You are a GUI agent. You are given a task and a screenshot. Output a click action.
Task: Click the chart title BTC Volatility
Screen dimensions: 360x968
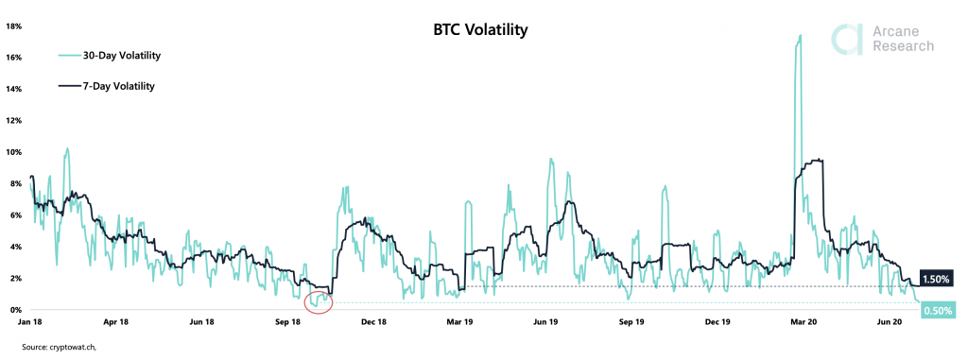(474, 30)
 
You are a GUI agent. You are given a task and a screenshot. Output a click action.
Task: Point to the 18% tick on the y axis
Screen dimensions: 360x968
(13, 26)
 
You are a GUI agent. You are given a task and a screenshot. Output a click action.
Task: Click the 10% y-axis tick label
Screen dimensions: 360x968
(13, 152)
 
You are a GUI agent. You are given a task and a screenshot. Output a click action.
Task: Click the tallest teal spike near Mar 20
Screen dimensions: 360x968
(800, 38)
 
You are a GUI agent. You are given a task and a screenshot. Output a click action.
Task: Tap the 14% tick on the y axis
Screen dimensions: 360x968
(13, 89)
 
